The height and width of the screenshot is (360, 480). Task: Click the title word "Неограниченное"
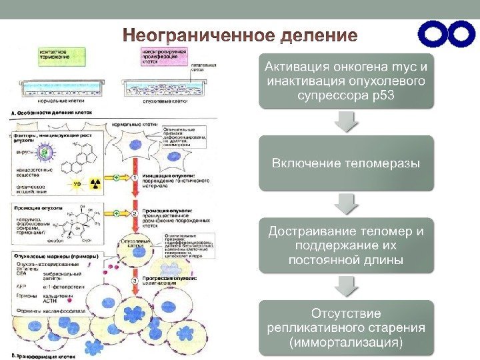[x=183, y=34]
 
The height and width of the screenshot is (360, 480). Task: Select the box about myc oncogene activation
[x=347, y=81]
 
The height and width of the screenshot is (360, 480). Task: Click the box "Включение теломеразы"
[x=347, y=163]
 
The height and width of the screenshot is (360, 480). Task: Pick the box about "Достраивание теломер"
[x=347, y=245]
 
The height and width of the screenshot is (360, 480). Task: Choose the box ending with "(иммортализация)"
[x=347, y=327]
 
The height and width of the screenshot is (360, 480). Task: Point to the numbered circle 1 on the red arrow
[x=135, y=178]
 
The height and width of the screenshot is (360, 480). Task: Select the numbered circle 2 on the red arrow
[x=135, y=213]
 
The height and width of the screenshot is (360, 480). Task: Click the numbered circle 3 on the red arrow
[x=135, y=281]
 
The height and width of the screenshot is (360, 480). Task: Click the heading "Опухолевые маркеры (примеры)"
[x=56, y=256]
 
